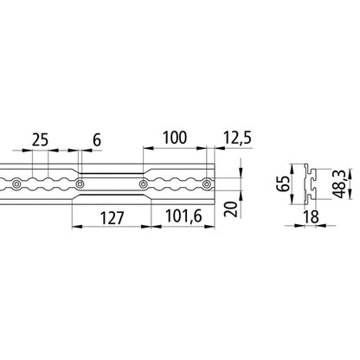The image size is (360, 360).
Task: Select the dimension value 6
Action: (95, 139)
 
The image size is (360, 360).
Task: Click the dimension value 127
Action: (112, 216)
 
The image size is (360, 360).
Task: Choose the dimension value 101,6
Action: (183, 216)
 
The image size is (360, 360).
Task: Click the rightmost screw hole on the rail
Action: (205, 183)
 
